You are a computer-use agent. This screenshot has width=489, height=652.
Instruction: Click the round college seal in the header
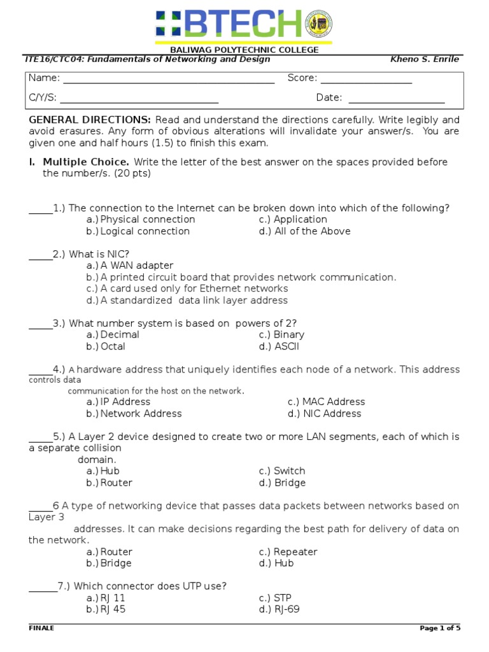pyautogui.click(x=319, y=24)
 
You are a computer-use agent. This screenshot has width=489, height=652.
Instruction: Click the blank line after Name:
pyautogui.click(x=169, y=82)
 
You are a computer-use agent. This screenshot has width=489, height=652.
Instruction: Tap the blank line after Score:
pyautogui.click(x=366, y=82)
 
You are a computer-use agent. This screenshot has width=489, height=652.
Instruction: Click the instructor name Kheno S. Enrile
pyautogui.click(x=424, y=59)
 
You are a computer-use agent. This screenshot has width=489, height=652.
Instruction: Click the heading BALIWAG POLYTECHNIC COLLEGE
pyautogui.click(x=244, y=50)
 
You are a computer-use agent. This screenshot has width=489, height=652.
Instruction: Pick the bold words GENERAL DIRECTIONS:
pyautogui.click(x=90, y=120)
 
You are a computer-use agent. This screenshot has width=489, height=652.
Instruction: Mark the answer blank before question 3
pyautogui.click(x=41, y=327)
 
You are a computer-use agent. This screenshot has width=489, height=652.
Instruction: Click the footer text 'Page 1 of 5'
pyautogui.click(x=440, y=628)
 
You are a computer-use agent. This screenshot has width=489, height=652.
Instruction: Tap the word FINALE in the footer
pyautogui.click(x=41, y=628)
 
